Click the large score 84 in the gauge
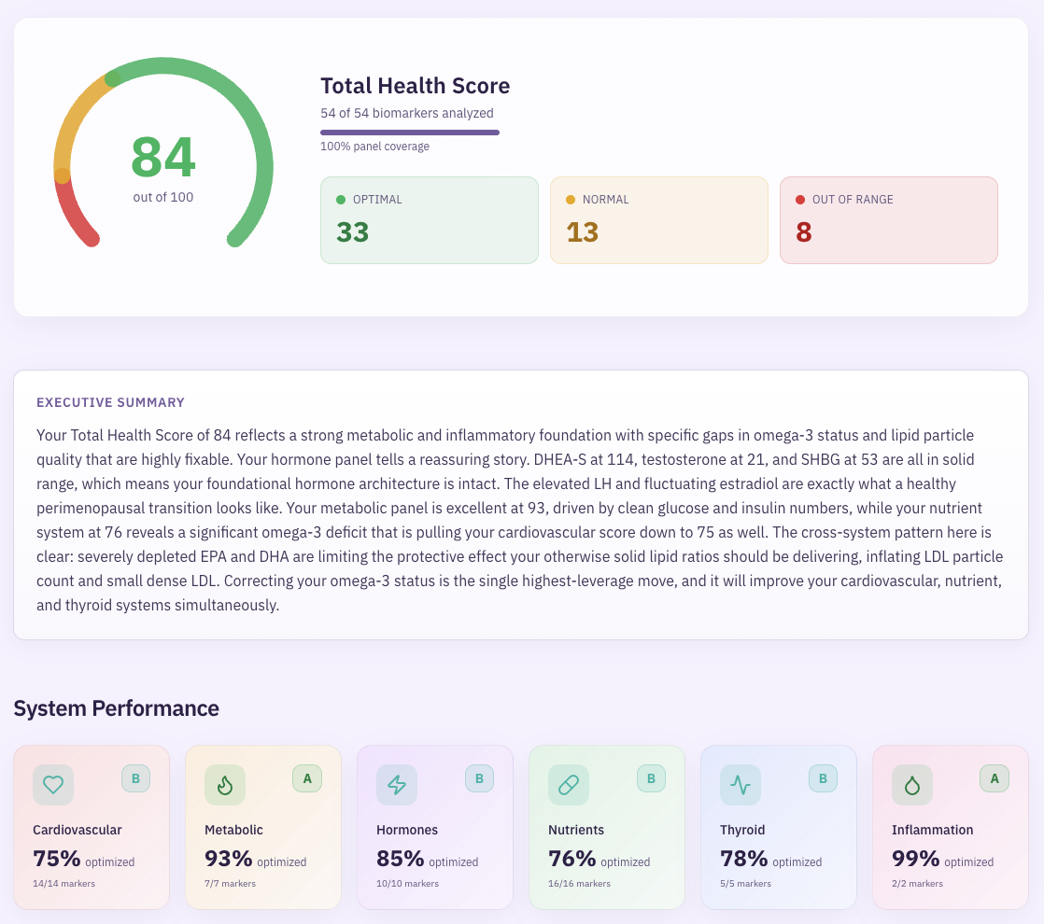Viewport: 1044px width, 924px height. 163,157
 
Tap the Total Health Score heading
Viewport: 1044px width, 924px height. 415,86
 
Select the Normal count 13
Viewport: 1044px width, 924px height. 582,231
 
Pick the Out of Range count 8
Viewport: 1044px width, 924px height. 803,231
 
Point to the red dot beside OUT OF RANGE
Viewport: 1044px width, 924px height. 800,200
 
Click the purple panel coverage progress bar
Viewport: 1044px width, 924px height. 409,133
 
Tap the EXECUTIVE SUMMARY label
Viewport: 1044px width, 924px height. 110,402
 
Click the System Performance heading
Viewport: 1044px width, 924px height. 116,708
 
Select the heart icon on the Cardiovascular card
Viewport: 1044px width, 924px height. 53,785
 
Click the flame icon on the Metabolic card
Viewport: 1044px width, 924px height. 225,785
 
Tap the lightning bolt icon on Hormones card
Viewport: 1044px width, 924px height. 397,785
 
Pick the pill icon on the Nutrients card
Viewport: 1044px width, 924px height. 569,785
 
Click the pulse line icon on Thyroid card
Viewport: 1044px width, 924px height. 741,785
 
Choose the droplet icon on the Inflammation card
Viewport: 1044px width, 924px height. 912,785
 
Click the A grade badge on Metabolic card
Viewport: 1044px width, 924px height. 307,778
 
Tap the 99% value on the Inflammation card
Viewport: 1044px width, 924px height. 915,859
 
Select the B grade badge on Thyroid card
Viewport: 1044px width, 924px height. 823,778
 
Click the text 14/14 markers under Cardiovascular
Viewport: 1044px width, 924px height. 63,883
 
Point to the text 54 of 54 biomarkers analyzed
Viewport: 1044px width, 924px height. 406,113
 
